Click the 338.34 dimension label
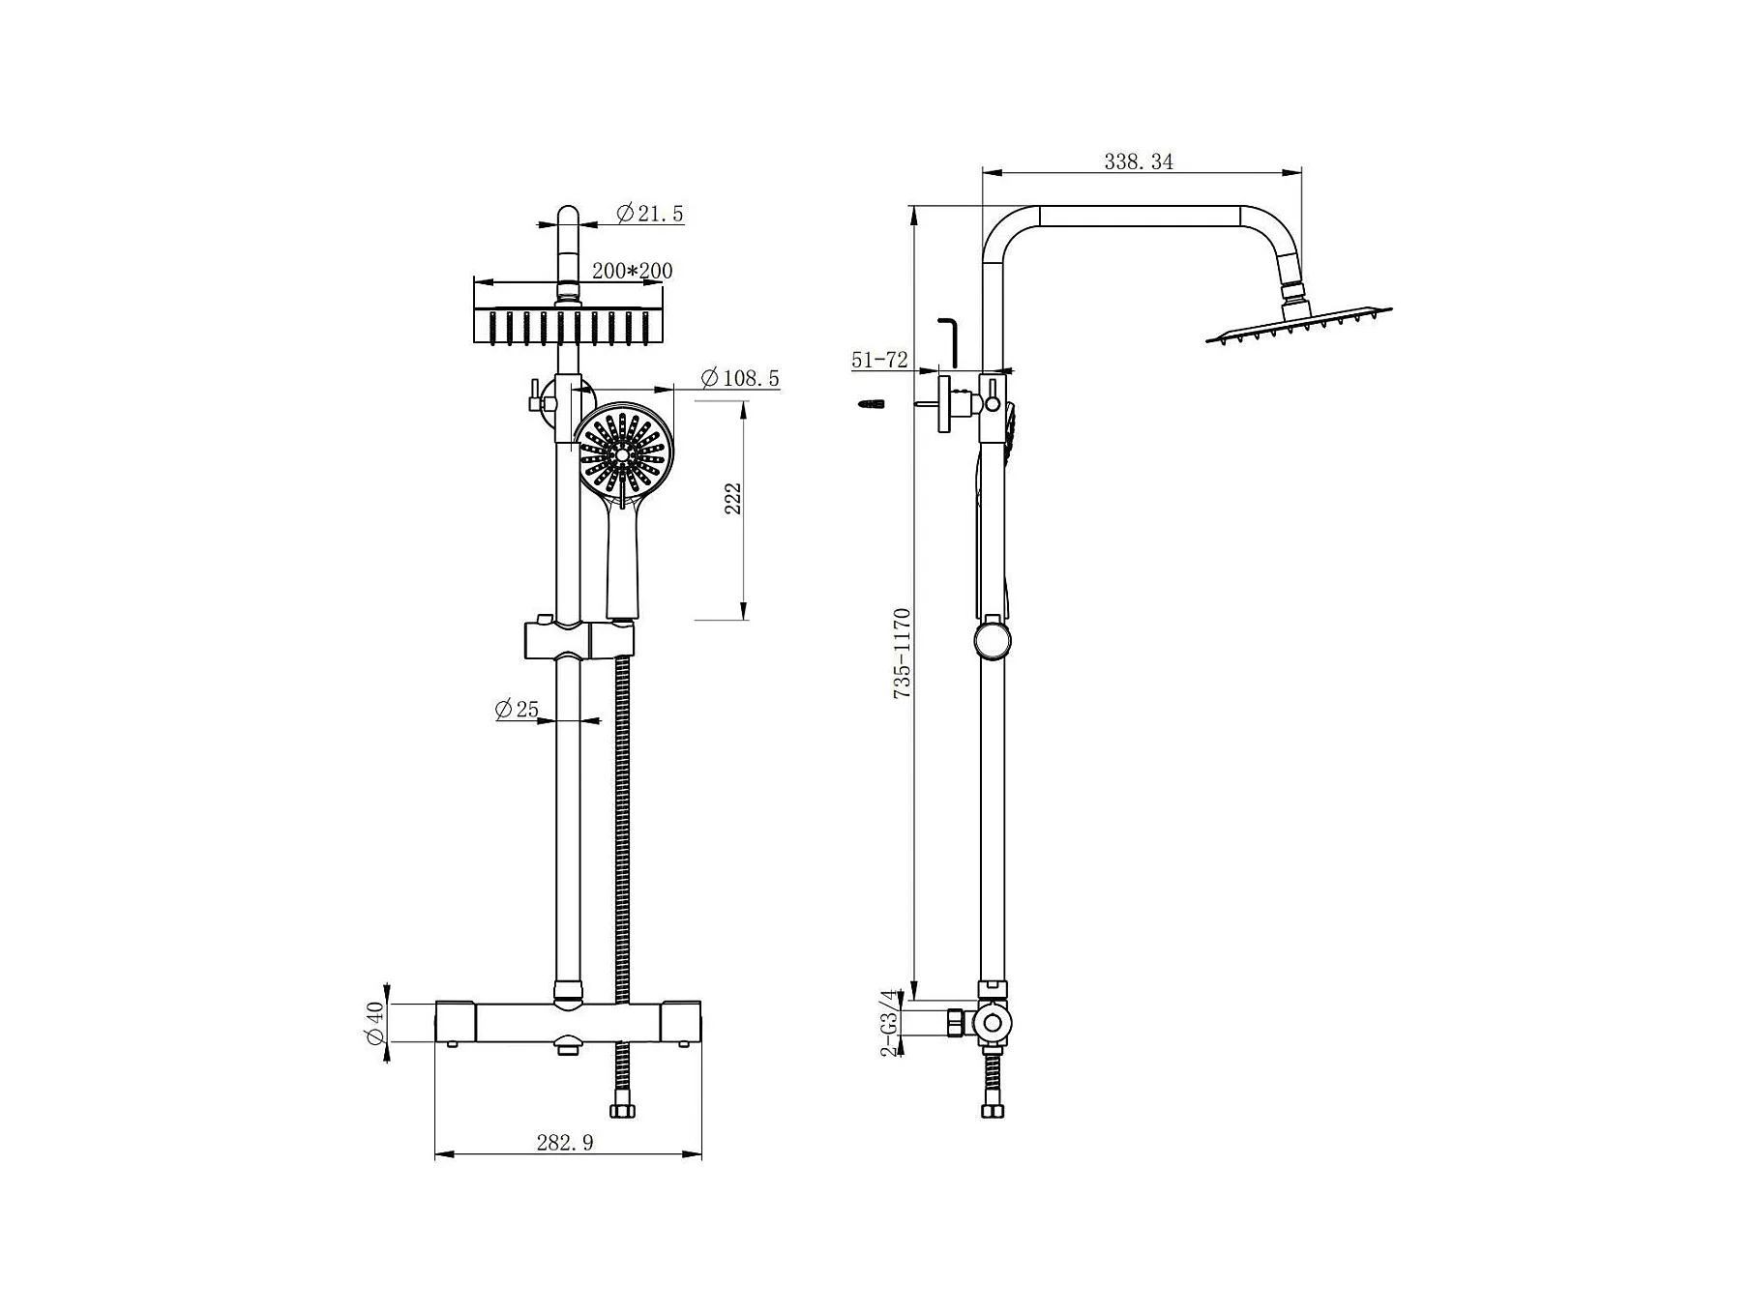click(1139, 161)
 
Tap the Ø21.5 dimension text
click(649, 214)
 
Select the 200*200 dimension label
click(632, 271)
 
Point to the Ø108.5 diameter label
click(739, 378)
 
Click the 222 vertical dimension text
click(733, 498)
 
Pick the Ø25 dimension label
click(517, 710)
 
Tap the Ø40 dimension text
click(375, 1024)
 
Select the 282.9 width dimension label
click(565, 1143)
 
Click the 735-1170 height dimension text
click(902, 654)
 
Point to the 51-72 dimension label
click(879, 361)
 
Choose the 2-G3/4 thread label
click(890, 1021)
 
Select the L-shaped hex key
click(949, 341)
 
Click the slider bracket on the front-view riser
click(579, 640)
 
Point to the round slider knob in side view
click(992, 641)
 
